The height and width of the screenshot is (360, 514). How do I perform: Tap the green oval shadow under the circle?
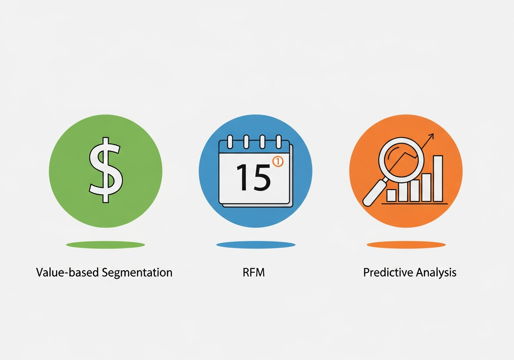tap(106, 244)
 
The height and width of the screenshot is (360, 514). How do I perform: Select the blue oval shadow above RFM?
tap(256, 244)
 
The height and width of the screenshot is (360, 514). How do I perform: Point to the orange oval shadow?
tap(406, 244)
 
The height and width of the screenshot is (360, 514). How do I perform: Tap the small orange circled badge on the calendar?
tap(278, 162)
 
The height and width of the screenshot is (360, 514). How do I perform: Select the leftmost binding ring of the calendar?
tap(230, 142)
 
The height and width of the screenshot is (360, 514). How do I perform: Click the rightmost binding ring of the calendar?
tap(277, 142)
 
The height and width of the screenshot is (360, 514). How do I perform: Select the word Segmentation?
tap(137, 273)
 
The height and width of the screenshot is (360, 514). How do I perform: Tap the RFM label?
tap(254, 273)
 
